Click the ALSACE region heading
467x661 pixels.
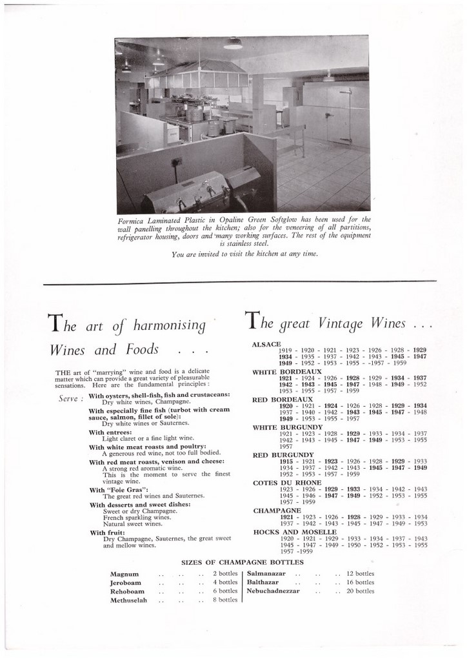click(x=264, y=344)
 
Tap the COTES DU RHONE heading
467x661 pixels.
click(x=279, y=482)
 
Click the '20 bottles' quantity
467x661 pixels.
click(x=360, y=591)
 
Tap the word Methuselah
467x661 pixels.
click(x=128, y=600)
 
